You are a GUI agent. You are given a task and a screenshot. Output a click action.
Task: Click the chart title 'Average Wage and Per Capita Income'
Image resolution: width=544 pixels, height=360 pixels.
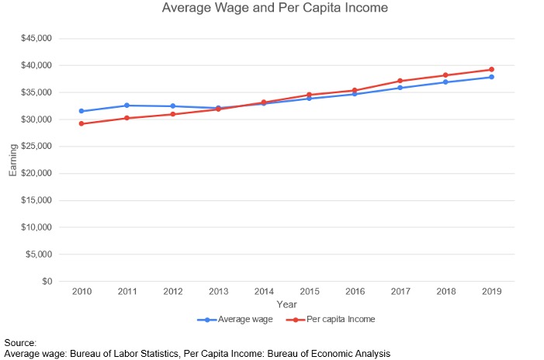[274, 9]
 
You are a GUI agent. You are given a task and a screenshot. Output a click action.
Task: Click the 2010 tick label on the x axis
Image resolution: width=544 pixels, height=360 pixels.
[81, 292]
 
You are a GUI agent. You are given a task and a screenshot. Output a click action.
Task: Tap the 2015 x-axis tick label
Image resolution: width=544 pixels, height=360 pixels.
[309, 292]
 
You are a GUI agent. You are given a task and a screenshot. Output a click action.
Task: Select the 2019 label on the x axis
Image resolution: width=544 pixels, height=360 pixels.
[490, 292]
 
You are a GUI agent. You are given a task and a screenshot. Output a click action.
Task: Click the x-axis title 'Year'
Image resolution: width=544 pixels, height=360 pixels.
[286, 304]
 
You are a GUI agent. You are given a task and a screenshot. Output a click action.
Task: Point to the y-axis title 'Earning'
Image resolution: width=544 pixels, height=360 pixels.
[12, 160]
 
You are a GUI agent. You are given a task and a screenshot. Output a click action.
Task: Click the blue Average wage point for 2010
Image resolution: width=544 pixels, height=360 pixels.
[81, 111]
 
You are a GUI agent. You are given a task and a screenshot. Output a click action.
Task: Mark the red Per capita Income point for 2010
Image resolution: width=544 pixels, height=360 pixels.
[81, 123]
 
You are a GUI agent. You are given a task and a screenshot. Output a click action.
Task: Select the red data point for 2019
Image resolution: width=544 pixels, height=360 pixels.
[490, 70]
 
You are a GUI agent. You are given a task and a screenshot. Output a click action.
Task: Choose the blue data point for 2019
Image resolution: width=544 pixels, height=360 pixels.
[490, 77]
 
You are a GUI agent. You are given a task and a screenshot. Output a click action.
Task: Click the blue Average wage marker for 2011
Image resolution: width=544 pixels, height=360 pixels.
[127, 106]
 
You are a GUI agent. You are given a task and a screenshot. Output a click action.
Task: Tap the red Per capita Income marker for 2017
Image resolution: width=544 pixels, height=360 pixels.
[400, 81]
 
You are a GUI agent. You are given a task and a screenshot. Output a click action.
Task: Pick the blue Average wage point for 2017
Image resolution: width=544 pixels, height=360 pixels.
[400, 88]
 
